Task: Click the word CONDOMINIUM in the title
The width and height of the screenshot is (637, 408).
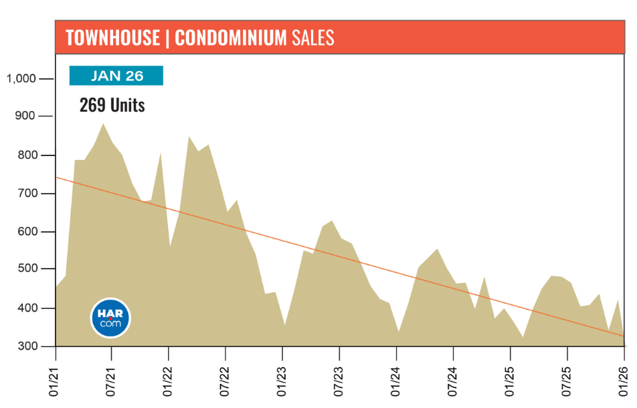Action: (x=230, y=38)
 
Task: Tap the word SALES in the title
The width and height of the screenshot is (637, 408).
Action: (x=312, y=38)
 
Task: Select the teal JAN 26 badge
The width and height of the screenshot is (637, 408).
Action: (x=116, y=76)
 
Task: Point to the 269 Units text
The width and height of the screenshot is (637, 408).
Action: (x=112, y=105)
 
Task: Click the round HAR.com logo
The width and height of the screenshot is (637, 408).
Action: (x=110, y=318)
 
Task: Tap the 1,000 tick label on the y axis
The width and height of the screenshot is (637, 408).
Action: (x=20, y=79)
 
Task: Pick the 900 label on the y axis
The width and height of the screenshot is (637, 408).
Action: (x=24, y=117)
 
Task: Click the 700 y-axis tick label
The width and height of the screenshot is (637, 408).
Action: (x=24, y=194)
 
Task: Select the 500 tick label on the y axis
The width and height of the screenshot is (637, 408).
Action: (x=24, y=269)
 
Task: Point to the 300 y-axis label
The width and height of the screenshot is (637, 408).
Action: (x=24, y=346)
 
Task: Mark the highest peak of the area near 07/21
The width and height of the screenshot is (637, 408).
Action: (x=103, y=124)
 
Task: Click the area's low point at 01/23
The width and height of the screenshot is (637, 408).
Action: (x=284, y=326)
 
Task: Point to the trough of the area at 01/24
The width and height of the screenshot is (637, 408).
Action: (x=399, y=332)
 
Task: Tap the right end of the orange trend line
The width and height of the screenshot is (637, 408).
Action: (x=624, y=336)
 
